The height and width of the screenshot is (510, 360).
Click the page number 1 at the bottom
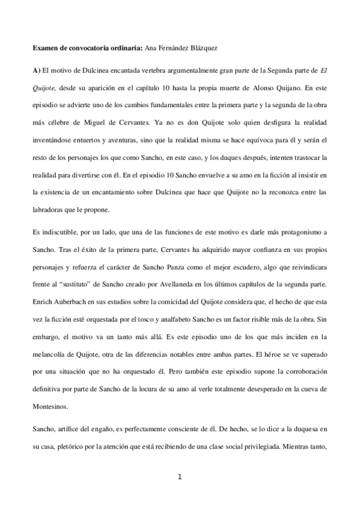(180, 478)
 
